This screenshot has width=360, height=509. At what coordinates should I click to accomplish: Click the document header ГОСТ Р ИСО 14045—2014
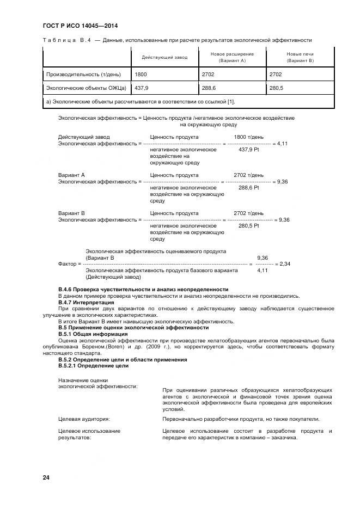pos(80,26)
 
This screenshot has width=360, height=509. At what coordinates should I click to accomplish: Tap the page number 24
pos(46,477)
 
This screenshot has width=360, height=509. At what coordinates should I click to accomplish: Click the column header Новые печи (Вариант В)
pos(300,57)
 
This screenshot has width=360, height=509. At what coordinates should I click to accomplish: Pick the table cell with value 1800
pos(141,74)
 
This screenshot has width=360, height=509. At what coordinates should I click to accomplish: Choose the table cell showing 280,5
pos(277,87)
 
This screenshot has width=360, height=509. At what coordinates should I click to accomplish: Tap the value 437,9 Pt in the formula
pos(248,149)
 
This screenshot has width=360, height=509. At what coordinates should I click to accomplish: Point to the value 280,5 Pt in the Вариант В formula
pos(248,225)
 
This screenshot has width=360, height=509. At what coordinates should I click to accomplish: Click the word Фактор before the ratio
pos(68,263)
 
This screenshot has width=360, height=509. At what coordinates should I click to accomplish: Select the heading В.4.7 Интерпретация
pos(86,302)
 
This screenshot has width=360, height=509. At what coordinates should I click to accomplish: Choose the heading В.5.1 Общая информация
pos(93,334)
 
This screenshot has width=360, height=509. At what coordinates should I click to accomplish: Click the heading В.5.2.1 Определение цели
pos(93,366)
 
